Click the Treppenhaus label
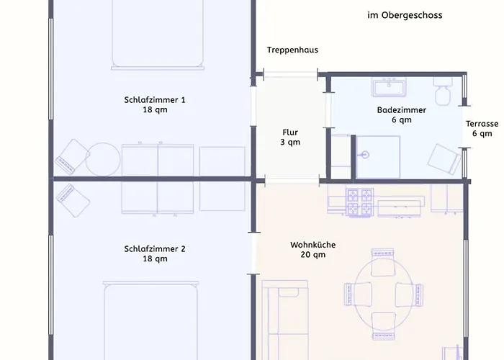(292, 50)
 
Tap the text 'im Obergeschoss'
(405, 15)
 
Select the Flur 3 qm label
(290, 138)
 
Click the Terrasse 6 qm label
(482, 129)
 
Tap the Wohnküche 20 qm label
(313, 250)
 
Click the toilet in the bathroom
(443, 91)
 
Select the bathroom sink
(389, 87)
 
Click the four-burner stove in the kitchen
(360, 202)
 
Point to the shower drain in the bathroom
(364, 155)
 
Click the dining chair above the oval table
(382, 262)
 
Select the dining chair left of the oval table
(358, 294)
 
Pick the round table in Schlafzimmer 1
(103, 159)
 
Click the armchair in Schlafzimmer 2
(73, 201)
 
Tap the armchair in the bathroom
(444, 159)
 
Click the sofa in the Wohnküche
(285, 320)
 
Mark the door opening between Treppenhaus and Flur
(291, 75)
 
